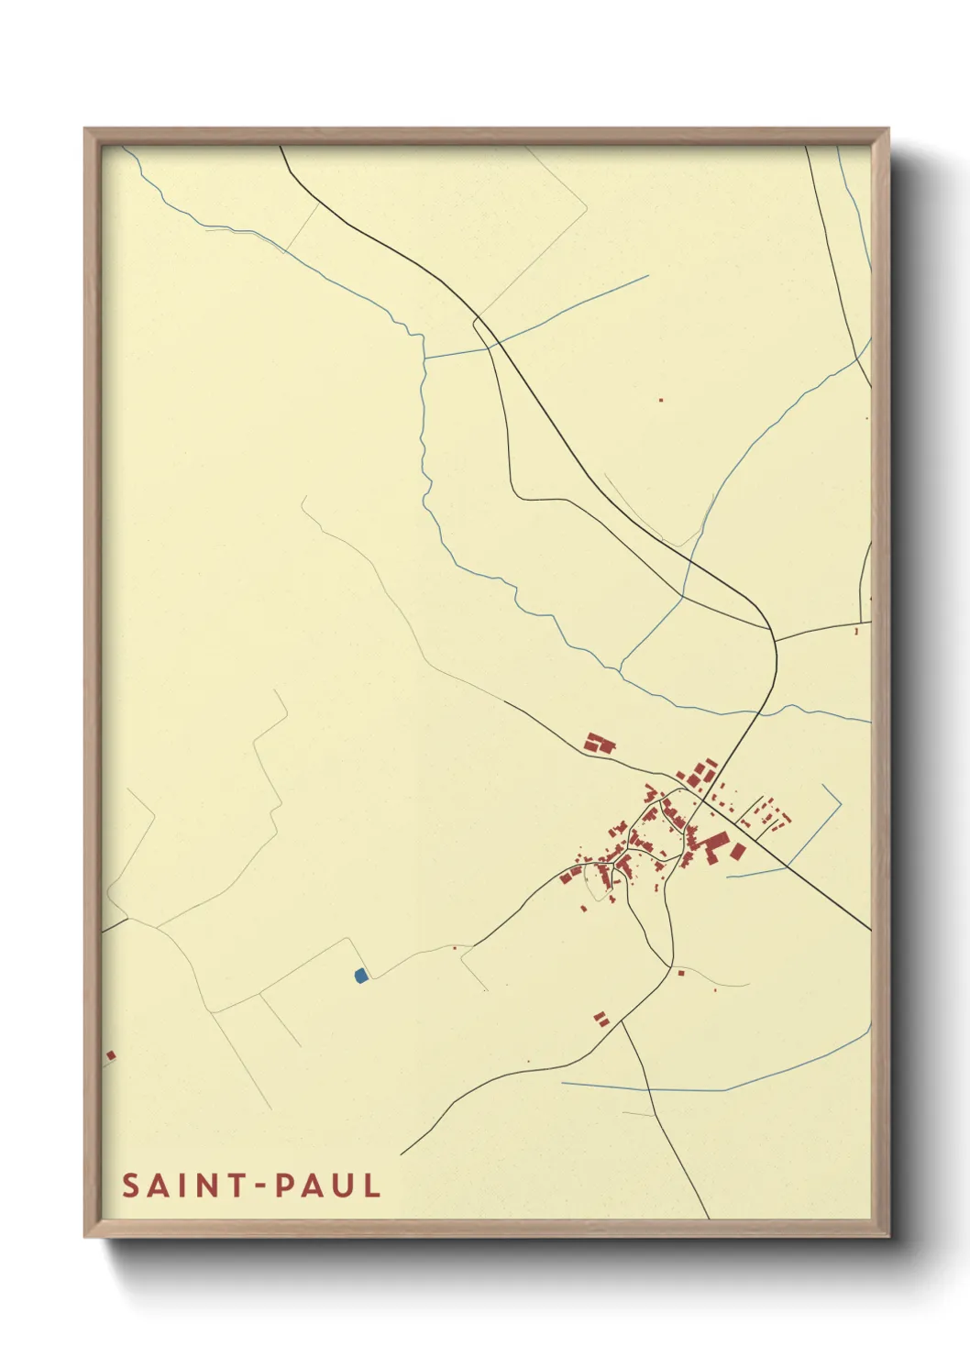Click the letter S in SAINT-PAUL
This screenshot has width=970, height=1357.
coord(130,1186)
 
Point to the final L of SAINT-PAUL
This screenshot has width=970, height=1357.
coord(371,1186)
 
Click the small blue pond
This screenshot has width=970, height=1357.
coord(360,976)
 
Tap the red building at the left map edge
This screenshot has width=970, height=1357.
coord(110,1055)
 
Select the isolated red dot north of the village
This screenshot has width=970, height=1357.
coord(661,400)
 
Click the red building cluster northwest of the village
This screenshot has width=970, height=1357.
coord(600,743)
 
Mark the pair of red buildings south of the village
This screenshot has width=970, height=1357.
coord(601,1018)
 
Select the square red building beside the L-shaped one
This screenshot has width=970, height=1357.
coord(737,852)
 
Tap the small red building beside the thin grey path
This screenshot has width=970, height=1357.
coord(680,972)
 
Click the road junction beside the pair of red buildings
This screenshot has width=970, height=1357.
coord(622,1021)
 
